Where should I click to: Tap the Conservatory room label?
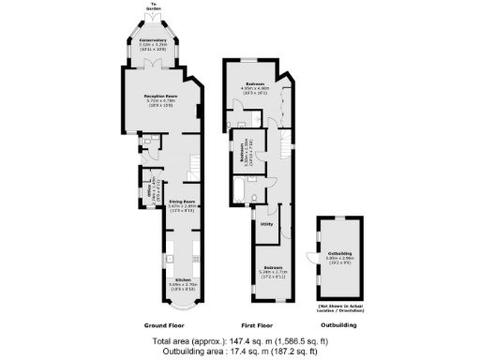pos(154,41)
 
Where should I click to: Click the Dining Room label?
pos(181,202)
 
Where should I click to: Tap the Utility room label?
pos(266,224)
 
